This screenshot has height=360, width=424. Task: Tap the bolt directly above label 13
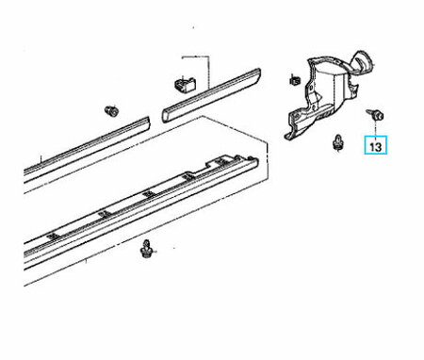pos(375,114)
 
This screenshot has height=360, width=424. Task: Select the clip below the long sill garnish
pos(146,249)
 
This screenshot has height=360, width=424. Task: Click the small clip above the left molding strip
pos(111,110)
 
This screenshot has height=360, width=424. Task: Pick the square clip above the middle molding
pos(185,84)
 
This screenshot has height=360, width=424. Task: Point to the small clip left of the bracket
pos(295,80)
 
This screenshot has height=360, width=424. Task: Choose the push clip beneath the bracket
pos(338,143)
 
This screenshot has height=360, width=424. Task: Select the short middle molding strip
pos(211,94)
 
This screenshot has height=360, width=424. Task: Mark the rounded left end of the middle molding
pos(165,115)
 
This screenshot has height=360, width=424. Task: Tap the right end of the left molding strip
pos(148,123)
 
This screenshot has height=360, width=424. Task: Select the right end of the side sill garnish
pos(255,162)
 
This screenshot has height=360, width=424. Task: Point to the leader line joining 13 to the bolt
pos(375,127)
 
